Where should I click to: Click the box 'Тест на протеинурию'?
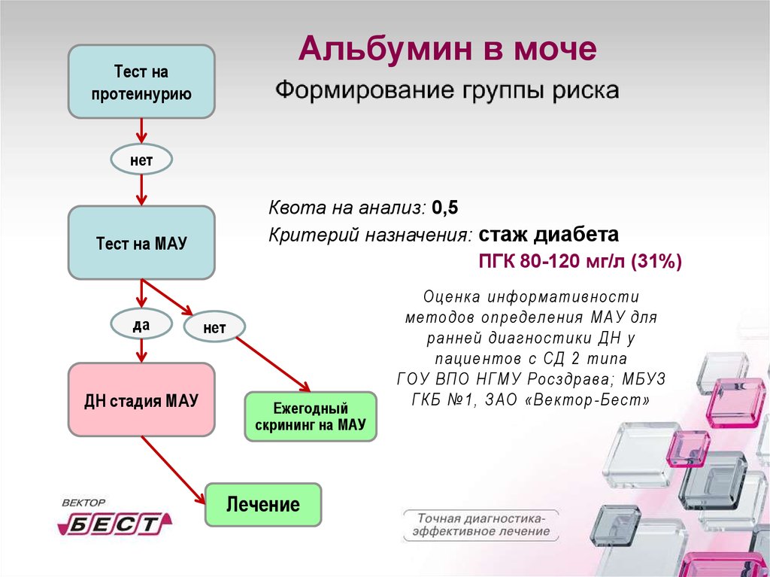click(x=141, y=82)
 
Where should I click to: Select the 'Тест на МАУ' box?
click(x=141, y=243)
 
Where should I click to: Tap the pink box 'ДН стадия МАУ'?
click(x=141, y=399)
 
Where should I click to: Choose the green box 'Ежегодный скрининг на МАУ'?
click(x=310, y=416)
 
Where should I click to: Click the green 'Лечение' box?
click(x=263, y=504)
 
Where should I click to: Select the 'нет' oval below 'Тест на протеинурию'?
click(x=141, y=159)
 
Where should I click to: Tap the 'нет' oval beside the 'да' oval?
click(x=214, y=326)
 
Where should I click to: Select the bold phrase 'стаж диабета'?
click(x=549, y=235)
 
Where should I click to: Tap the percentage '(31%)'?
click(x=656, y=262)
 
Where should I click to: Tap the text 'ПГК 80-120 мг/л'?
click(x=553, y=262)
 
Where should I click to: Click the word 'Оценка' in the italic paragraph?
click(x=451, y=297)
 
